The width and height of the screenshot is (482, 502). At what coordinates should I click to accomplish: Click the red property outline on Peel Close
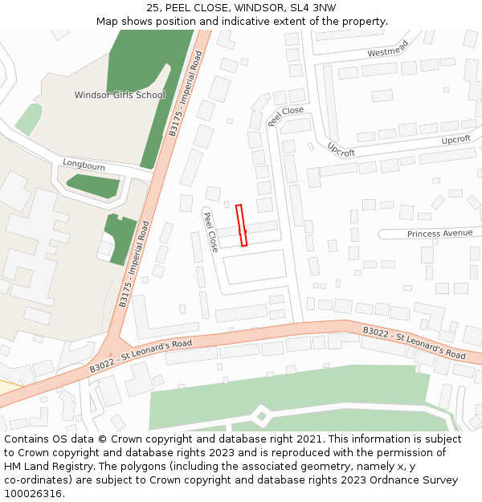click(241, 226)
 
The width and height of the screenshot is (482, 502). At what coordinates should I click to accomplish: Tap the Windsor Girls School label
click(120, 95)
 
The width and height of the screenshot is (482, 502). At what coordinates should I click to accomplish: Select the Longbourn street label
click(84, 165)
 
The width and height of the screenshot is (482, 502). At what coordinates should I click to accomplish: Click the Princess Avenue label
click(439, 233)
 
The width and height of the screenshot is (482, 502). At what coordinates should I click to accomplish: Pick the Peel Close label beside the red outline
click(210, 232)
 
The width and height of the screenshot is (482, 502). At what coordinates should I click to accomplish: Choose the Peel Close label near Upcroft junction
click(286, 116)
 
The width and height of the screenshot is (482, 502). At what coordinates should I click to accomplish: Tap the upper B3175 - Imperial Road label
click(186, 93)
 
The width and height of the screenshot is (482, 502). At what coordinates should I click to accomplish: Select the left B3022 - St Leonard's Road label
click(141, 354)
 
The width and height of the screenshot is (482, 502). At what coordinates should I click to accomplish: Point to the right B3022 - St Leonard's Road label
click(414, 342)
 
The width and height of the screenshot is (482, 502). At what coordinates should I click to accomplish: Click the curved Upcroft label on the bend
click(341, 149)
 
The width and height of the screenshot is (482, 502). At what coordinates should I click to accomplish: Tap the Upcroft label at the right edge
click(455, 140)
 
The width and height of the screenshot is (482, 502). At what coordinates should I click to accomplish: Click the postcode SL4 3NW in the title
click(313, 8)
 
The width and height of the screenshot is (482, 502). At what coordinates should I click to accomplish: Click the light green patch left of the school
click(28, 119)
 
